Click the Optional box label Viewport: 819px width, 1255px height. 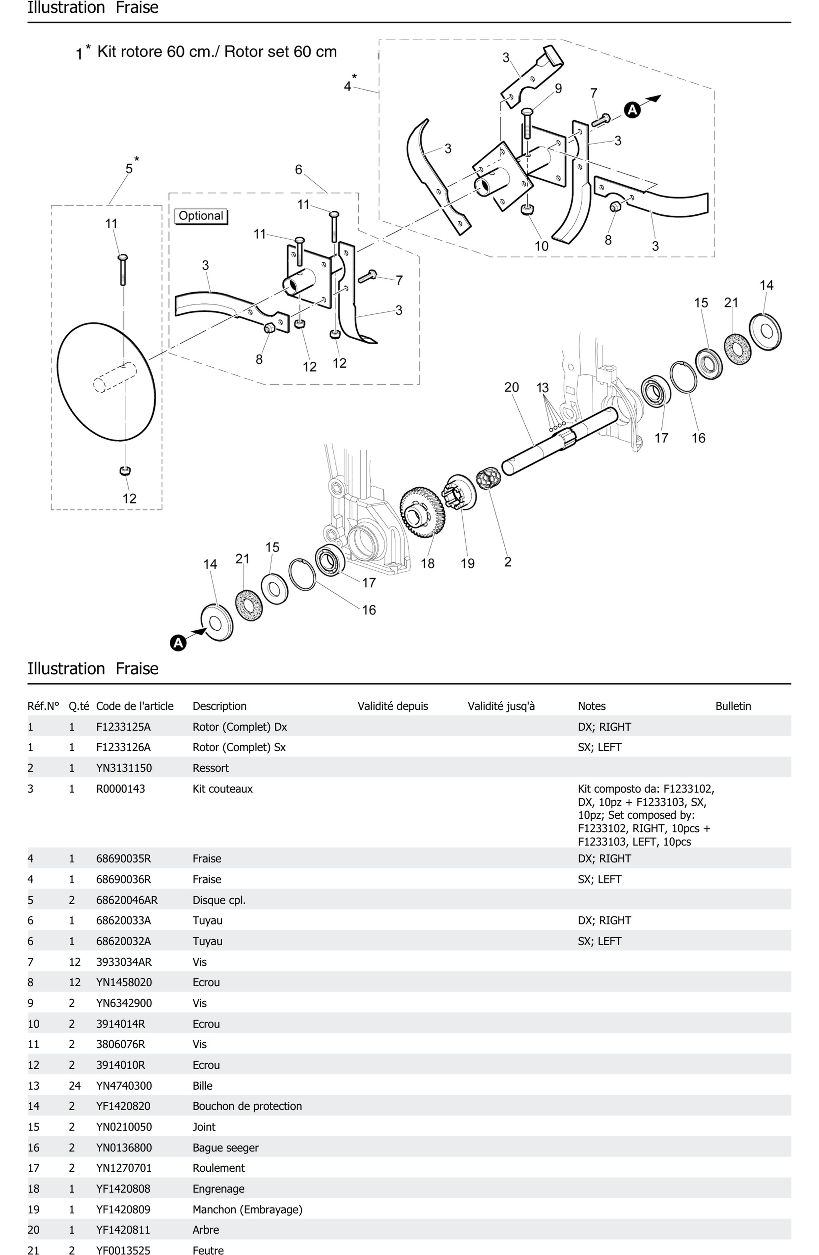point(200,216)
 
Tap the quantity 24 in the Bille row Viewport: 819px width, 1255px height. point(74,1086)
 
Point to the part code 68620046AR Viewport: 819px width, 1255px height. point(127,900)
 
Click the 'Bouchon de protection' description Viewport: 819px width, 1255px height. point(247,1106)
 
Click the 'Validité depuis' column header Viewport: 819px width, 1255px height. point(393,706)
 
